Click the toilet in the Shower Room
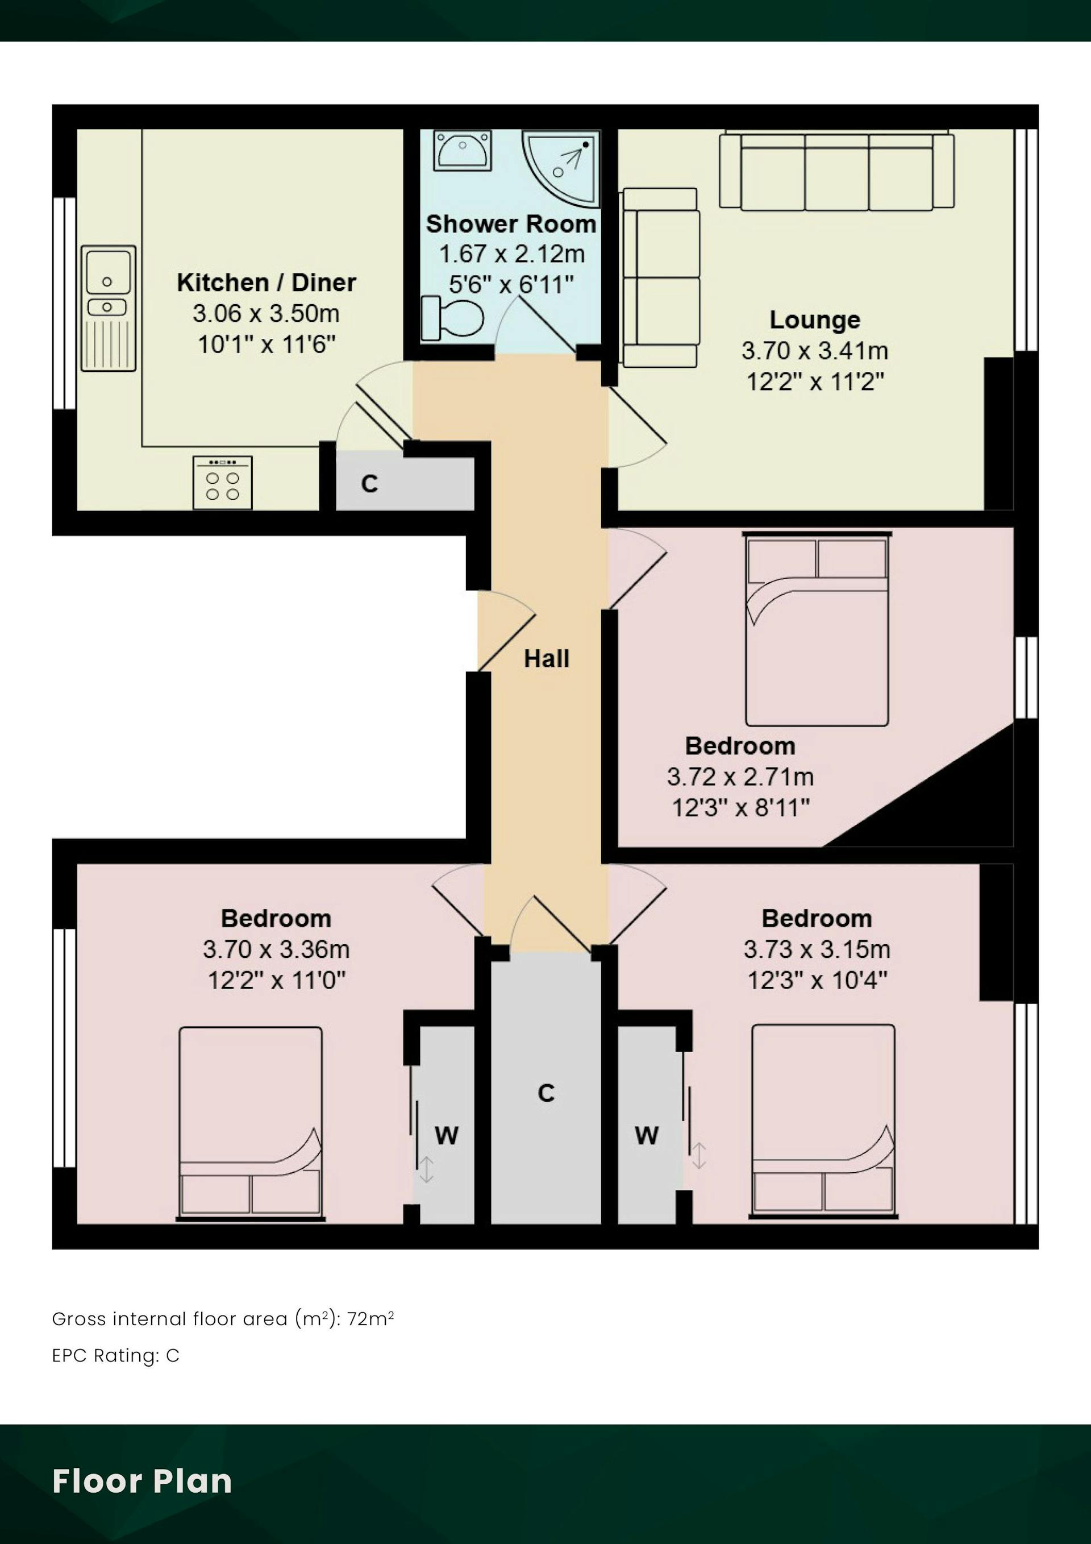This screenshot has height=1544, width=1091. (x=452, y=318)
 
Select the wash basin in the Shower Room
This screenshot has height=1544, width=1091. (x=463, y=150)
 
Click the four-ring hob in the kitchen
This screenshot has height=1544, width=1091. (x=223, y=483)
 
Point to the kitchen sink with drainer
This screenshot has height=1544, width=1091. (x=108, y=308)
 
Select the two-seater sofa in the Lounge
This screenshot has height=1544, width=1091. (x=660, y=277)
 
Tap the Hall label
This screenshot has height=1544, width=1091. (x=547, y=658)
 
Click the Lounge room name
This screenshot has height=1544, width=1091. (x=815, y=319)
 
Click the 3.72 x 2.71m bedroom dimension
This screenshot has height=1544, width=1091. (x=740, y=777)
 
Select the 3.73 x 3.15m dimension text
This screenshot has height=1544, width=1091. (x=817, y=949)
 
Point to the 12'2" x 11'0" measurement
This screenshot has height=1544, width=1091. (x=276, y=981)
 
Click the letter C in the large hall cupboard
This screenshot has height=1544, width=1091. (x=547, y=1093)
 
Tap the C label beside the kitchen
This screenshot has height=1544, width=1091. (x=369, y=484)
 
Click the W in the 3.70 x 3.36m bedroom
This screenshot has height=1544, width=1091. (x=447, y=1136)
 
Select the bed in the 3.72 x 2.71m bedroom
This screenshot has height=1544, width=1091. (x=817, y=629)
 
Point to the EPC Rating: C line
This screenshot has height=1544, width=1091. (x=115, y=1355)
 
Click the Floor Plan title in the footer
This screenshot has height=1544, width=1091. (x=142, y=1481)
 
